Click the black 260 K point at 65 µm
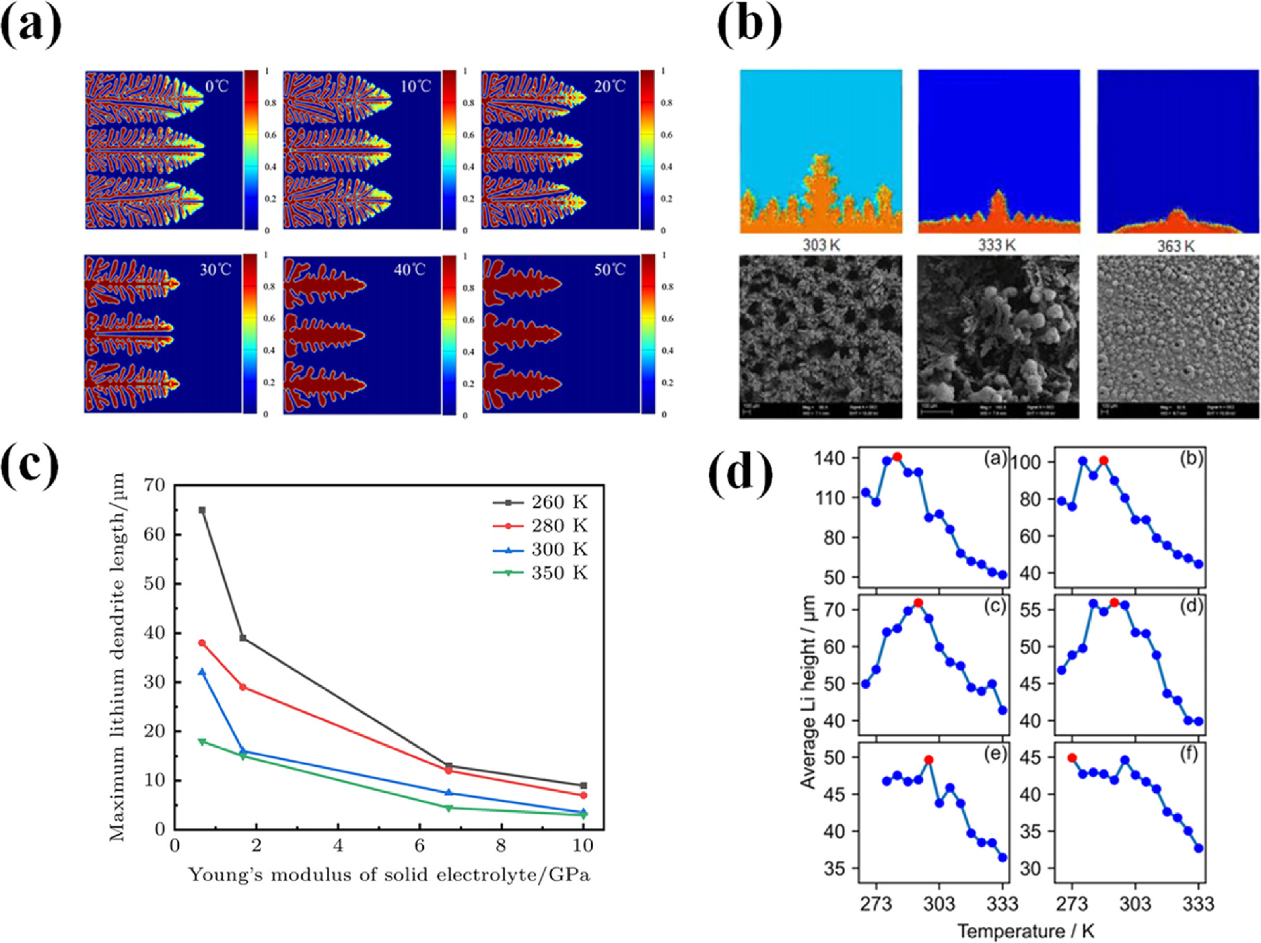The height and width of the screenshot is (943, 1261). click(202, 510)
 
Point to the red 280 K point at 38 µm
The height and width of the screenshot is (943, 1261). click(202, 643)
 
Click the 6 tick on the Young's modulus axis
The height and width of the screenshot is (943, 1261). click(419, 845)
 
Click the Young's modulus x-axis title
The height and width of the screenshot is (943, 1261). click(389, 874)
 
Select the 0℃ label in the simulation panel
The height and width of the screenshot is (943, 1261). click(217, 87)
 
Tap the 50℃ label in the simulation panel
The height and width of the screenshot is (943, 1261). click(609, 270)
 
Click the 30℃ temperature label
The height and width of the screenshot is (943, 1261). click(215, 270)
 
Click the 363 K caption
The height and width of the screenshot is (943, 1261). click(1176, 246)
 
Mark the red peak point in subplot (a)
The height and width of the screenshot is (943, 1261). click(897, 457)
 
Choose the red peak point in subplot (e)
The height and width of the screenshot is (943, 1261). click(929, 760)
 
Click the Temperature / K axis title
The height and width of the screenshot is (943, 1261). click(1026, 931)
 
